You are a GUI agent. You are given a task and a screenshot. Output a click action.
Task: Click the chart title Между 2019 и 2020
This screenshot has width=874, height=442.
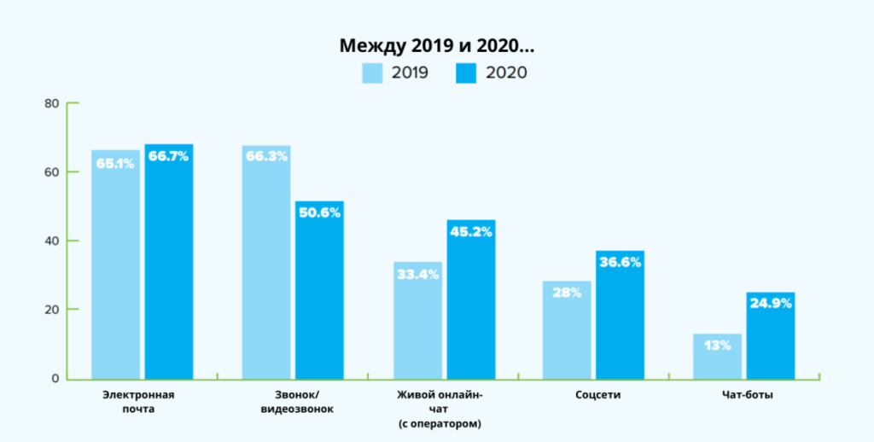(x=438, y=44)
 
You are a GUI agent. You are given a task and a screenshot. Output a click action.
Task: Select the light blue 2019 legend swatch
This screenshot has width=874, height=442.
(x=373, y=73)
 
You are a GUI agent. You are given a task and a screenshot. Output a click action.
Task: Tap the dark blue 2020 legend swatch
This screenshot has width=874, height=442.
(x=467, y=73)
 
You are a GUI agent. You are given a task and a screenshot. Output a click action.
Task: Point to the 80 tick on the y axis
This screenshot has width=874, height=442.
(x=51, y=104)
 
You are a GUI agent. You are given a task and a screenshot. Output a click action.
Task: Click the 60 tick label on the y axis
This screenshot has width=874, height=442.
(x=51, y=172)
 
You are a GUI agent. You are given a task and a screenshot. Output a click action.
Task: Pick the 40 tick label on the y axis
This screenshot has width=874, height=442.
(x=51, y=241)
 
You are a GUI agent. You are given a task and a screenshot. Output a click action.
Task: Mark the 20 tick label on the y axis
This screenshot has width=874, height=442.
(x=51, y=310)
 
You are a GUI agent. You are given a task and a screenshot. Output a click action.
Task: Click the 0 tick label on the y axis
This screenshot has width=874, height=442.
(x=55, y=378)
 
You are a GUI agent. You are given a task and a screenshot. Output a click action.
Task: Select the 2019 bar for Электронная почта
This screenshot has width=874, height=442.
(x=115, y=265)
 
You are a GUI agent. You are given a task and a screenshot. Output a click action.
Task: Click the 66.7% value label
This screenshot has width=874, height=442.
(x=169, y=157)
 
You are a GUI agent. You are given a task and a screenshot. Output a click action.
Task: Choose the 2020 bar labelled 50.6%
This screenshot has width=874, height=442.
(x=319, y=290)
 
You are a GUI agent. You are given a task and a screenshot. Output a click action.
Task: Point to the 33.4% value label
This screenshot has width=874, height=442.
(x=417, y=274)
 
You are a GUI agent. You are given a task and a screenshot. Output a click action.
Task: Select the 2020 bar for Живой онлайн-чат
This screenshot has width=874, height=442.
(x=470, y=299)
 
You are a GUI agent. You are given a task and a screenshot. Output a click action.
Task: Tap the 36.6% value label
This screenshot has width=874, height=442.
(x=620, y=263)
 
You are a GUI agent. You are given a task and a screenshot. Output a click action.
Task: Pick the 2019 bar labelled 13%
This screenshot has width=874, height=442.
(x=717, y=356)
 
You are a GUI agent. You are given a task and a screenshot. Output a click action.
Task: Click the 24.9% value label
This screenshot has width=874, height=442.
(x=771, y=303)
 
